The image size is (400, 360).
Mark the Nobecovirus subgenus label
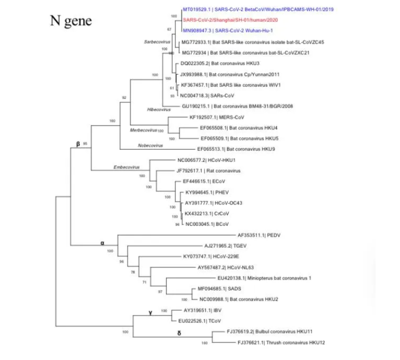pos(150,146)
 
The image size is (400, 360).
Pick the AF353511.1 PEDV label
pos(259,235)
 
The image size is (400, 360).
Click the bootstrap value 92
pos(124,97)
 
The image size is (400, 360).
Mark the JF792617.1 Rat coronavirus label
pos(208,171)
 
